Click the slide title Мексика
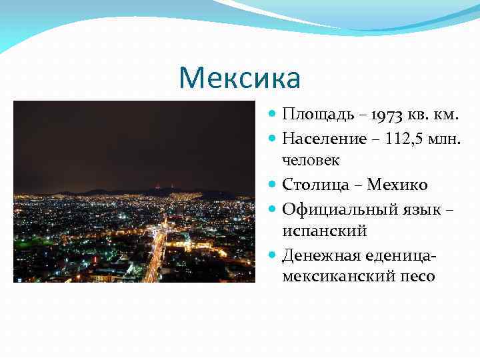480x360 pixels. pyautogui.click(x=240, y=79)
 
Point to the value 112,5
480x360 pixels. pyautogui.click(x=408, y=139)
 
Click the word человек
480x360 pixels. pyautogui.click(x=311, y=161)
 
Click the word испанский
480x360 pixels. pyautogui.click(x=325, y=230)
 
